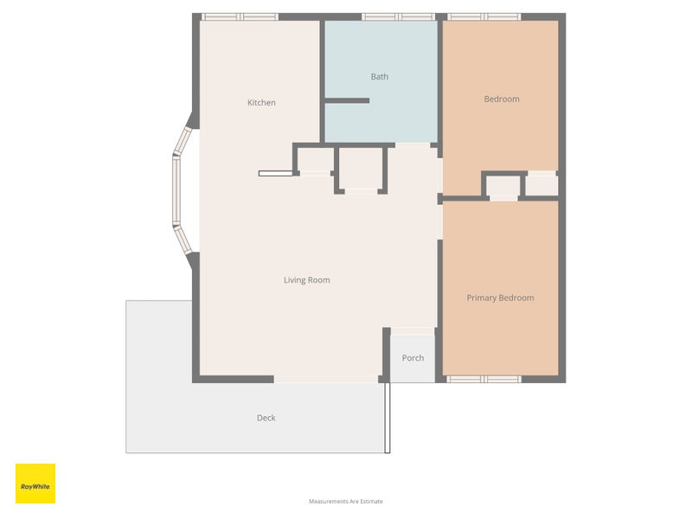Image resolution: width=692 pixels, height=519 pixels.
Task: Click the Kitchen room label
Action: pyautogui.click(x=261, y=102)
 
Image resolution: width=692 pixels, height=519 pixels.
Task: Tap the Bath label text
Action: pyautogui.click(x=380, y=77)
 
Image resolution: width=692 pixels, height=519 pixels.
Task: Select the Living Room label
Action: pyautogui.click(x=307, y=279)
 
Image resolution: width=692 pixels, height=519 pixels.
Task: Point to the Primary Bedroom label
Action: pyautogui.click(x=501, y=298)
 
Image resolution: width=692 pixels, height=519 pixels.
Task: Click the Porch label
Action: pyautogui.click(x=413, y=358)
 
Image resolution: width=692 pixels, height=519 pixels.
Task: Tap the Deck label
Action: pyautogui.click(x=266, y=418)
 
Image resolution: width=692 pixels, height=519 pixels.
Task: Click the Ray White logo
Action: pyautogui.click(x=35, y=484)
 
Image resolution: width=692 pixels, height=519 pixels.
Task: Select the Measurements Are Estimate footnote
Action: pyautogui.click(x=346, y=502)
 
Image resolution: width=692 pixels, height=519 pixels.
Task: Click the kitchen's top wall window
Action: pyautogui.click(x=240, y=16)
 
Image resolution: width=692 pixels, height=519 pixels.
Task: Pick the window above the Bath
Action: pyautogui.click(x=399, y=16)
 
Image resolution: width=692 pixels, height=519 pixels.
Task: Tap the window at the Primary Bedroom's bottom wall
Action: pyautogui.click(x=484, y=379)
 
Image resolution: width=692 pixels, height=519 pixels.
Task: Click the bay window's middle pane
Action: pyautogui.click(x=176, y=190)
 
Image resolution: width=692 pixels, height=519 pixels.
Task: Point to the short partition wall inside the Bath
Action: pyautogui.click(x=347, y=100)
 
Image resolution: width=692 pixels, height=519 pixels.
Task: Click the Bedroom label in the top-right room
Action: pyautogui.click(x=502, y=99)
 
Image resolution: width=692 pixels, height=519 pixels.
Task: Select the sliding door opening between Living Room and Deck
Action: pyautogui.click(x=326, y=379)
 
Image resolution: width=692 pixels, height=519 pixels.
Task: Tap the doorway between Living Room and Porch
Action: pyautogui.click(x=413, y=331)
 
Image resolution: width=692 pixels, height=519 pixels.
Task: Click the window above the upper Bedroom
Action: pyautogui.click(x=484, y=16)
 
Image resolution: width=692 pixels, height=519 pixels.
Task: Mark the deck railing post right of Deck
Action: pyautogui.click(x=388, y=418)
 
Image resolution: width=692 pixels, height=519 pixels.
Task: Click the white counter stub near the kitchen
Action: pyautogui.click(x=276, y=174)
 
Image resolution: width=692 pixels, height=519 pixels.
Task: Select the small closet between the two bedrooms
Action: pyautogui.click(x=503, y=186)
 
